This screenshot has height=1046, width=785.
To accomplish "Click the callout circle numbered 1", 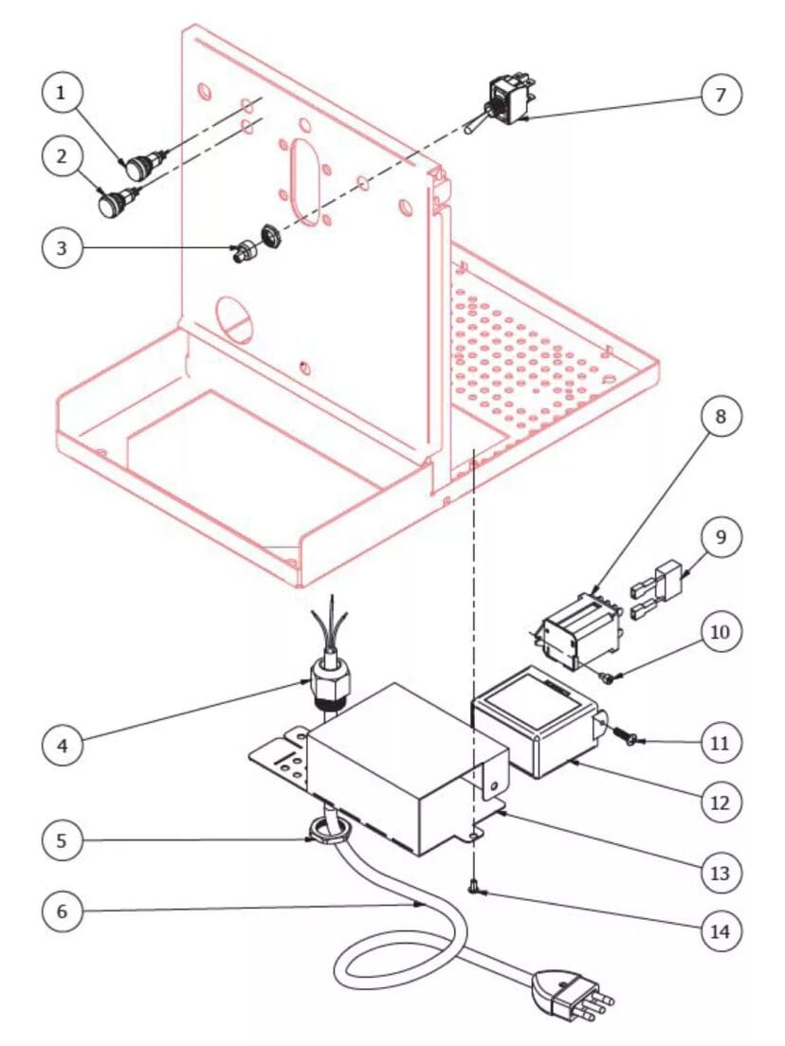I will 62,95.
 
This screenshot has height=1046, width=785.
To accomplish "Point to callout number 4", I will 62,745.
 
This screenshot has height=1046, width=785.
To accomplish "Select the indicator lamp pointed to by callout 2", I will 118,202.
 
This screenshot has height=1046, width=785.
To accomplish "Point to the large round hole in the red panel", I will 234,316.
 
